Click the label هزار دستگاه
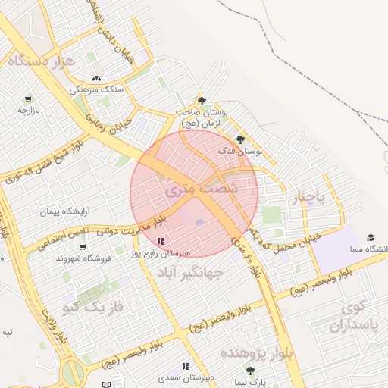point(41,60)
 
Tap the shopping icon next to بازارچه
point(28,99)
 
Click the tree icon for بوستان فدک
point(240,139)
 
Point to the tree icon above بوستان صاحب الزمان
point(202,100)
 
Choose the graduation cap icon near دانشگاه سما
point(371,238)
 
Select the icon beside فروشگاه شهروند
point(82,247)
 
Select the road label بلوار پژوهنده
point(256,353)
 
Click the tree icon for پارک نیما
point(250,371)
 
